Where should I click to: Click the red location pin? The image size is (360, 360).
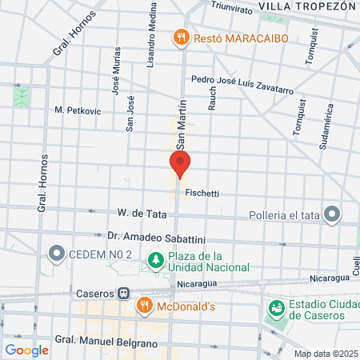click(180, 165)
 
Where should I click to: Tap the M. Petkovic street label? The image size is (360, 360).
click(78, 110)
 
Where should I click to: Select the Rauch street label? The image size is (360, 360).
click(212, 96)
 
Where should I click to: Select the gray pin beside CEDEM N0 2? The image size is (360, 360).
click(56, 255)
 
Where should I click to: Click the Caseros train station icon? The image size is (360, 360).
click(124, 293)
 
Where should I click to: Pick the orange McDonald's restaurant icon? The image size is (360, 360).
click(145, 304)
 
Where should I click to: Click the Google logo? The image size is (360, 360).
click(26, 350)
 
